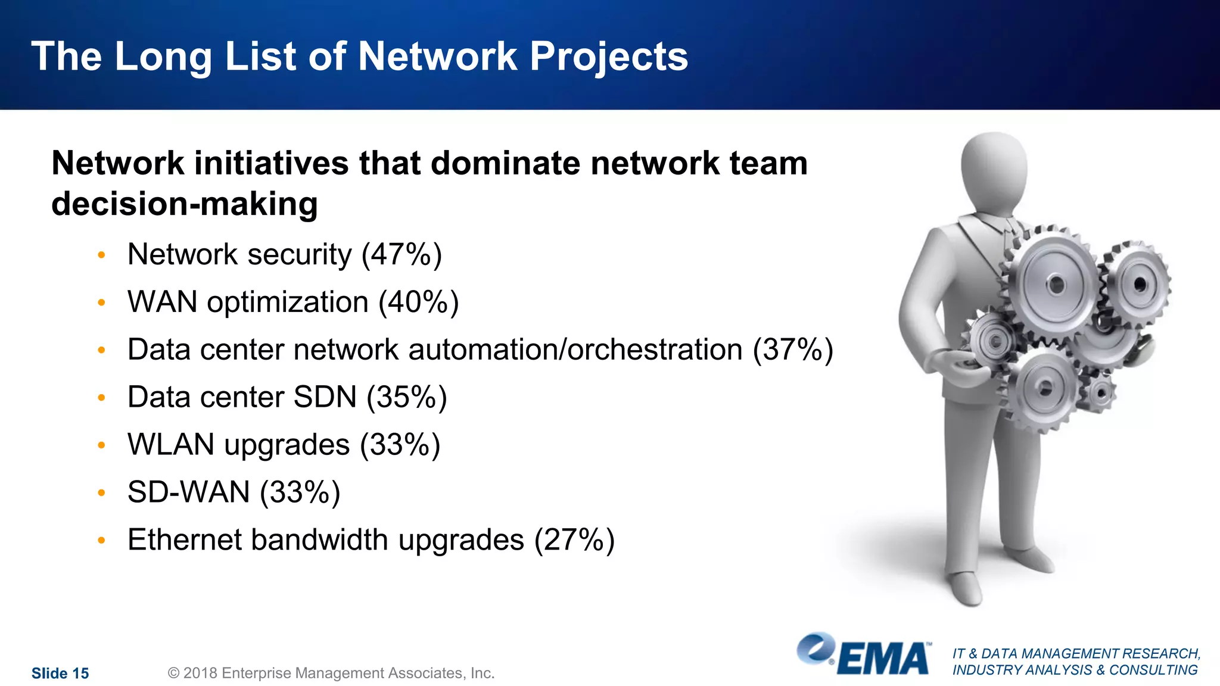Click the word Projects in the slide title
[608, 57]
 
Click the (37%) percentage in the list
[793, 350]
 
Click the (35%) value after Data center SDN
[406, 397]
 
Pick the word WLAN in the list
[171, 445]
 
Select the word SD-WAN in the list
[189, 492]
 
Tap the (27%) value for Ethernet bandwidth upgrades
[574, 540]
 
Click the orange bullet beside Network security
[102, 255]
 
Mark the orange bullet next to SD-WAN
[102, 493]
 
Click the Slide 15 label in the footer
[60, 673]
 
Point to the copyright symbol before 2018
[174, 673]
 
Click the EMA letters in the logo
[883, 659]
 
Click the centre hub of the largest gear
[1056, 284]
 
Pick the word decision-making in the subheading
[185, 204]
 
